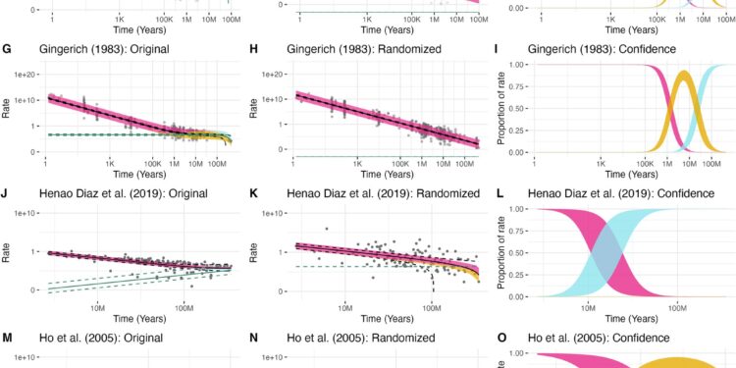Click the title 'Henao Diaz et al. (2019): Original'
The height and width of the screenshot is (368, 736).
pyautogui.click(x=119, y=193)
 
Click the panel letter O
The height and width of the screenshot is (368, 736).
pyautogui.click(x=502, y=340)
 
